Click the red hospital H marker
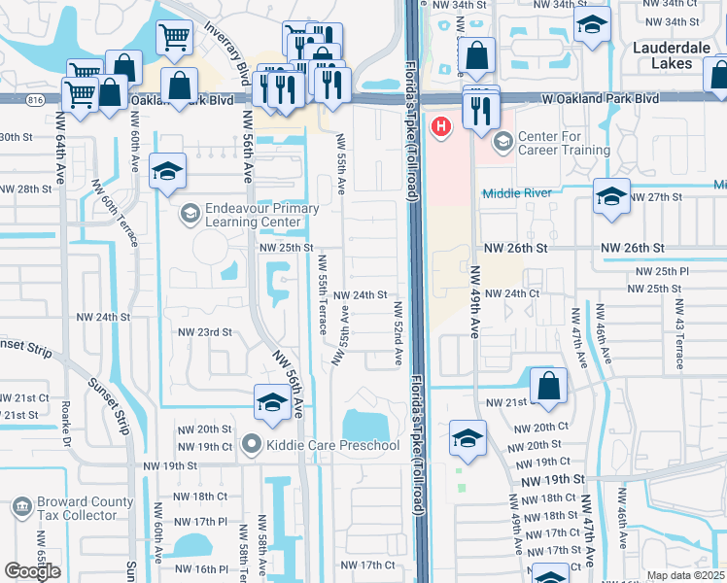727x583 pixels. (442, 126)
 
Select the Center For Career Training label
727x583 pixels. (564, 143)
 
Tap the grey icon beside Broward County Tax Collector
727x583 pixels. (21, 507)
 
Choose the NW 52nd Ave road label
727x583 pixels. (398, 333)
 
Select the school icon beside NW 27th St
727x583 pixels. (610, 197)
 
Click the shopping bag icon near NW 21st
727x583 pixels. (549, 385)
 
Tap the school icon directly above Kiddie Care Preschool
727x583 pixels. (271, 401)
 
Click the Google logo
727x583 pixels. (32, 571)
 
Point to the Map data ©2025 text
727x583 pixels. (685, 575)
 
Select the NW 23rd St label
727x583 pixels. (204, 331)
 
